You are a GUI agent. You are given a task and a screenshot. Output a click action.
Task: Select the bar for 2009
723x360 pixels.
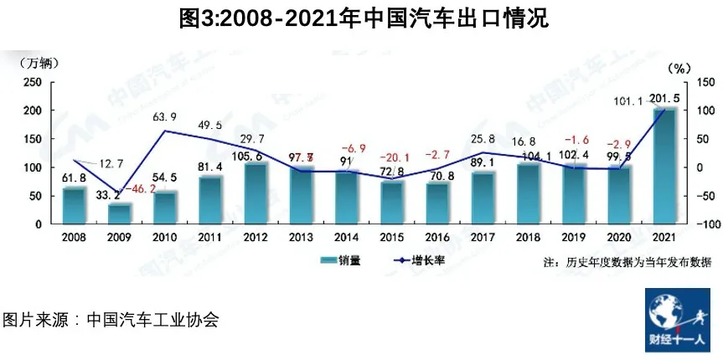coord(121,213)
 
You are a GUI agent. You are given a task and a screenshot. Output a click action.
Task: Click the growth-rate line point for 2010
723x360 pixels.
coord(164,131)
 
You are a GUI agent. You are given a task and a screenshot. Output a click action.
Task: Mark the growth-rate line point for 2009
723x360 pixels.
coord(120,194)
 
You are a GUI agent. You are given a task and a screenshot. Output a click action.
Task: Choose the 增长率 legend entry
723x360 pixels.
coord(416,261)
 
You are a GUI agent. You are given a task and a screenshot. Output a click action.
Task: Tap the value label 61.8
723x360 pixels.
coord(74,177)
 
